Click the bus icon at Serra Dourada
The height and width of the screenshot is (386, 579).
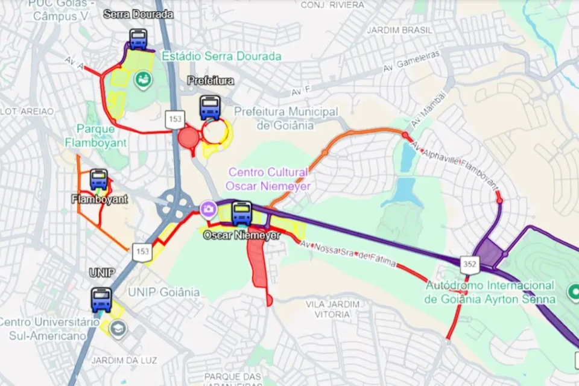point(138,40)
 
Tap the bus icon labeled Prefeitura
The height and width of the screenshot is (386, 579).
point(210,108)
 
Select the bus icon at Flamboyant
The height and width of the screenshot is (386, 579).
point(99,180)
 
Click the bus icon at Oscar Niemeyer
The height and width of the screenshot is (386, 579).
point(242,213)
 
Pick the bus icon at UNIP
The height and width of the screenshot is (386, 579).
point(101,300)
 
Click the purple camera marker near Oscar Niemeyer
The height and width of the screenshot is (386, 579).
point(209,209)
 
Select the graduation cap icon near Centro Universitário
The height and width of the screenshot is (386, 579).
point(118,329)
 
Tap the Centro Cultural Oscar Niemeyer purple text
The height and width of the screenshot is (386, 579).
point(268,179)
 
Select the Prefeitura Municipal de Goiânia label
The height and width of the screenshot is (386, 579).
point(285,119)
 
